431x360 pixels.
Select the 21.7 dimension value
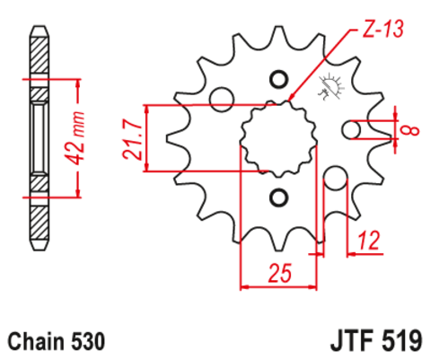(x=132, y=137)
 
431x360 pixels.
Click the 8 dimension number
(x=412, y=131)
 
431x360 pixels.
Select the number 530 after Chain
(x=89, y=342)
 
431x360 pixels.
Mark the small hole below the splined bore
(x=277, y=198)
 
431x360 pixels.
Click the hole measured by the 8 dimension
(x=354, y=131)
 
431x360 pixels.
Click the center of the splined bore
(x=277, y=137)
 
